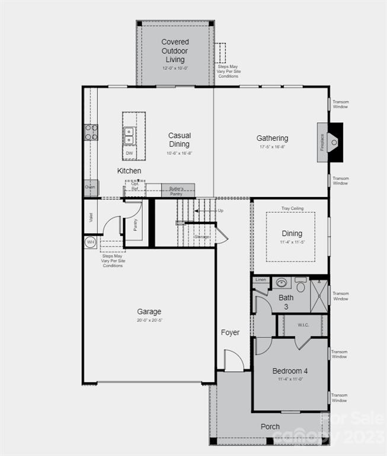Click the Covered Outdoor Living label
(x=175, y=50)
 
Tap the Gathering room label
(x=272, y=138)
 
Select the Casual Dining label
(x=179, y=140)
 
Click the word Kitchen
(x=129, y=171)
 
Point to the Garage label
(x=149, y=312)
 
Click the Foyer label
(x=230, y=332)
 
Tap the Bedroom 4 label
(x=290, y=371)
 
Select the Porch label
(x=270, y=426)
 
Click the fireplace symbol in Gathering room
(x=333, y=142)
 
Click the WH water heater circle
(x=91, y=242)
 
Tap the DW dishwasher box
(x=129, y=153)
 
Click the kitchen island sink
(x=129, y=136)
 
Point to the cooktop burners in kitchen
(x=91, y=132)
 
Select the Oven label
(x=90, y=187)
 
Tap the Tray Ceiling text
(x=292, y=208)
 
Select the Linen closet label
(x=261, y=279)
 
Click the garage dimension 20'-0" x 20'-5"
(x=149, y=321)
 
